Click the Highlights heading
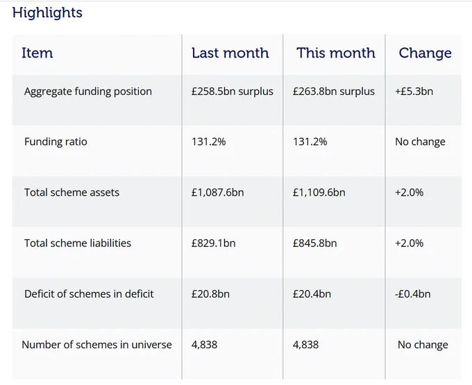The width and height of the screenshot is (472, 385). point(47,13)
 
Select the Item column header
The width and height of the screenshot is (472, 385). point(37,53)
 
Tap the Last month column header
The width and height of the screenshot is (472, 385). point(230,53)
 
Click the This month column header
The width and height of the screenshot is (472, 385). point(336,53)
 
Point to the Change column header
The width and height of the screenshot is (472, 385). point(425,53)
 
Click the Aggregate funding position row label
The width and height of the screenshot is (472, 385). point(88,92)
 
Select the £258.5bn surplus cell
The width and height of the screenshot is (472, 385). point(233,92)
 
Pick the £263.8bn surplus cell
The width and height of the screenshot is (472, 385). point(334,92)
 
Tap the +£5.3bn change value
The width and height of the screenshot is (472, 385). point(414,92)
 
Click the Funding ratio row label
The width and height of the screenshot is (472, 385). point(56,142)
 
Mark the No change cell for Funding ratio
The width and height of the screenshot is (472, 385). point(420,142)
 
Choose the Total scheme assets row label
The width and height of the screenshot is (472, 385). point(71,193)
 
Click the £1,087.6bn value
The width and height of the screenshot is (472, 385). point(218,193)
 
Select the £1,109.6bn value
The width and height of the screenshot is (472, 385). point(319,193)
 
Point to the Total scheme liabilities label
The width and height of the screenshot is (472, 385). point(78,243)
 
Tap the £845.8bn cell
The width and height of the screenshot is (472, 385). point(315,243)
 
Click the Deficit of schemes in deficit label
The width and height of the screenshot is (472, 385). point(89,294)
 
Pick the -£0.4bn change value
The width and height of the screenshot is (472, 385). point(413,294)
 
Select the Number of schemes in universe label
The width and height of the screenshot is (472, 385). point(97,345)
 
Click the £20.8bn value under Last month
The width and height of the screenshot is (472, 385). point(210,294)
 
